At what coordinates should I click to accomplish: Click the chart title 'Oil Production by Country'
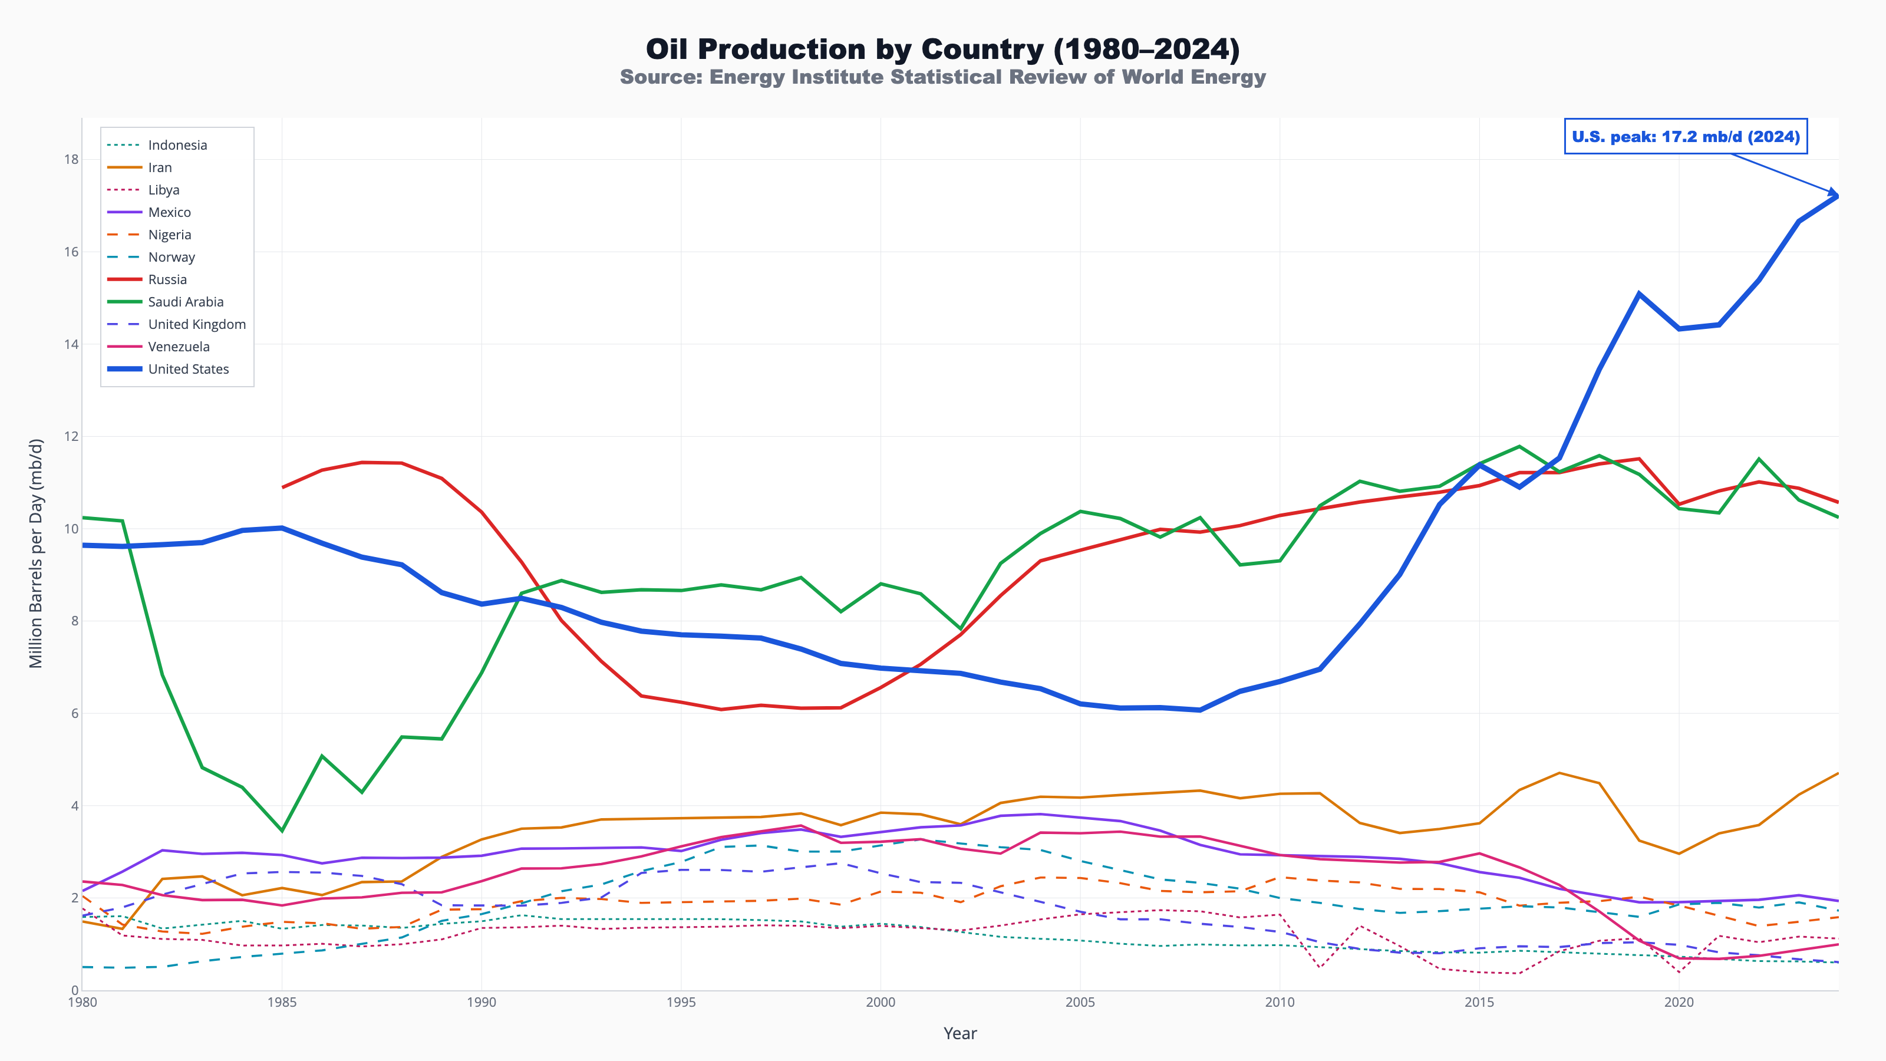click(x=942, y=49)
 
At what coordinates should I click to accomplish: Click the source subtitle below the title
click(x=942, y=77)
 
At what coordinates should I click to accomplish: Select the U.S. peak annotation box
click(x=1686, y=137)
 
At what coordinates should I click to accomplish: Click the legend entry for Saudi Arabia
click(x=185, y=302)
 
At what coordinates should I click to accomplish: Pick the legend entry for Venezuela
click(x=179, y=347)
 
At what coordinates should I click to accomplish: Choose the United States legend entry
click(x=188, y=369)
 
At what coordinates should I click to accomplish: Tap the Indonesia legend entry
click(x=177, y=145)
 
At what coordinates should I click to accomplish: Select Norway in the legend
click(x=172, y=257)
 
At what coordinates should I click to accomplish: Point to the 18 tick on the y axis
click(x=71, y=159)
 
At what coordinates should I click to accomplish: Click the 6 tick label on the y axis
click(x=74, y=713)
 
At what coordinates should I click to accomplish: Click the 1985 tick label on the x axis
click(x=282, y=1001)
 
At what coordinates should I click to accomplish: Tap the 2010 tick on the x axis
click(x=1280, y=1001)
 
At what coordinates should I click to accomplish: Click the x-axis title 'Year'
click(x=960, y=1033)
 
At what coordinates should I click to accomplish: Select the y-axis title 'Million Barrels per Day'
click(x=36, y=553)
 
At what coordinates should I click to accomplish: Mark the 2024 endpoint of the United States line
click(x=1838, y=196)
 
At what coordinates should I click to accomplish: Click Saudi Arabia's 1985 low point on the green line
click(x=282, y=831)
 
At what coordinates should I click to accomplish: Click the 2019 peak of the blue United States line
click(x=1638, y=294)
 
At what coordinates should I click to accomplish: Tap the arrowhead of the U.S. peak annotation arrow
click(x=1835, y=194)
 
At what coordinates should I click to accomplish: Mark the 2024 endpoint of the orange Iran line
click(x=1838, y=773)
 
